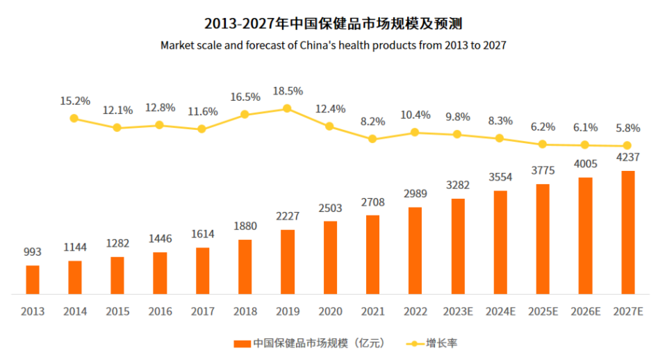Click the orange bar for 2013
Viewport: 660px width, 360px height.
(33, 279)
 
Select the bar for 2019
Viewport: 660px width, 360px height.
(288, 261)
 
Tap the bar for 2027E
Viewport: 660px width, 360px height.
(628, 232)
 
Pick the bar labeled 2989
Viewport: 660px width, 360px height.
(415, 250)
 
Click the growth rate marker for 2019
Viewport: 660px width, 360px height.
(287, 108)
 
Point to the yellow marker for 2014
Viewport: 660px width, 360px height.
(74, 118)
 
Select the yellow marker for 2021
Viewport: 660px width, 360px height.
(372, 139)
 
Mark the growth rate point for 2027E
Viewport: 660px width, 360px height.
(627, 146)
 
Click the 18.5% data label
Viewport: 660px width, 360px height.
(288, 91)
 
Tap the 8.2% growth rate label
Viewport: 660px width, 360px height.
(372, 121)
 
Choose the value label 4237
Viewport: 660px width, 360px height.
(628, 157)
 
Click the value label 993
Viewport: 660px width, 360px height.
(33, 252)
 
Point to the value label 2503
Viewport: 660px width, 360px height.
(330, 208)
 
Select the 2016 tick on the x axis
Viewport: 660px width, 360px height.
(160, 311)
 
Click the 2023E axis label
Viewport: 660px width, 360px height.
(458, 311)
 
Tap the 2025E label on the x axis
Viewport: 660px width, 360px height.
(543, 311)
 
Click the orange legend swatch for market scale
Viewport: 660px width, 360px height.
(241, 343)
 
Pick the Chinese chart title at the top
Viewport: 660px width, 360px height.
(333, 23)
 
